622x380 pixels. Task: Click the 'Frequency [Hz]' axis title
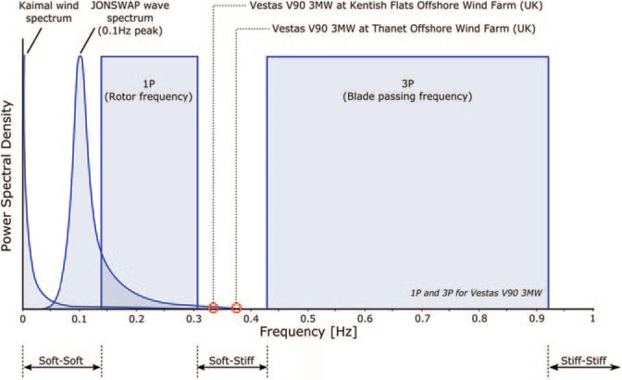click(x=306, y=330)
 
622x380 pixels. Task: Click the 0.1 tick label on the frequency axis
click(x=80, y=318)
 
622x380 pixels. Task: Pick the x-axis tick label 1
click(x=592, y=318)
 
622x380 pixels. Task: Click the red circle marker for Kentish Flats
click(x=214, y=307)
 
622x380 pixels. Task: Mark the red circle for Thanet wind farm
click(x=237, y=307)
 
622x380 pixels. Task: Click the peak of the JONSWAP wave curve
click(x=81, y=57)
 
